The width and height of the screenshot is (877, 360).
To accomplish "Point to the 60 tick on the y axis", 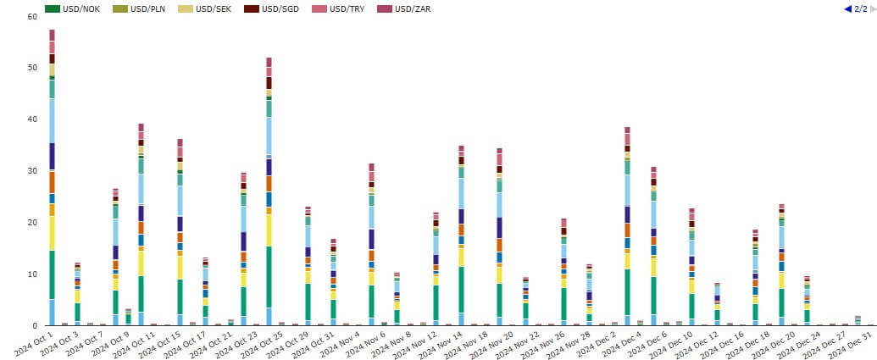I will [31, 16].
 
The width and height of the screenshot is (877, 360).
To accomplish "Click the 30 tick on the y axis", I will [31, 171].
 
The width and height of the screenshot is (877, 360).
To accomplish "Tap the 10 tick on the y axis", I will [31, 274].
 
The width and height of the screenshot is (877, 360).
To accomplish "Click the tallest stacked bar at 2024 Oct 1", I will [52, 178].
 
